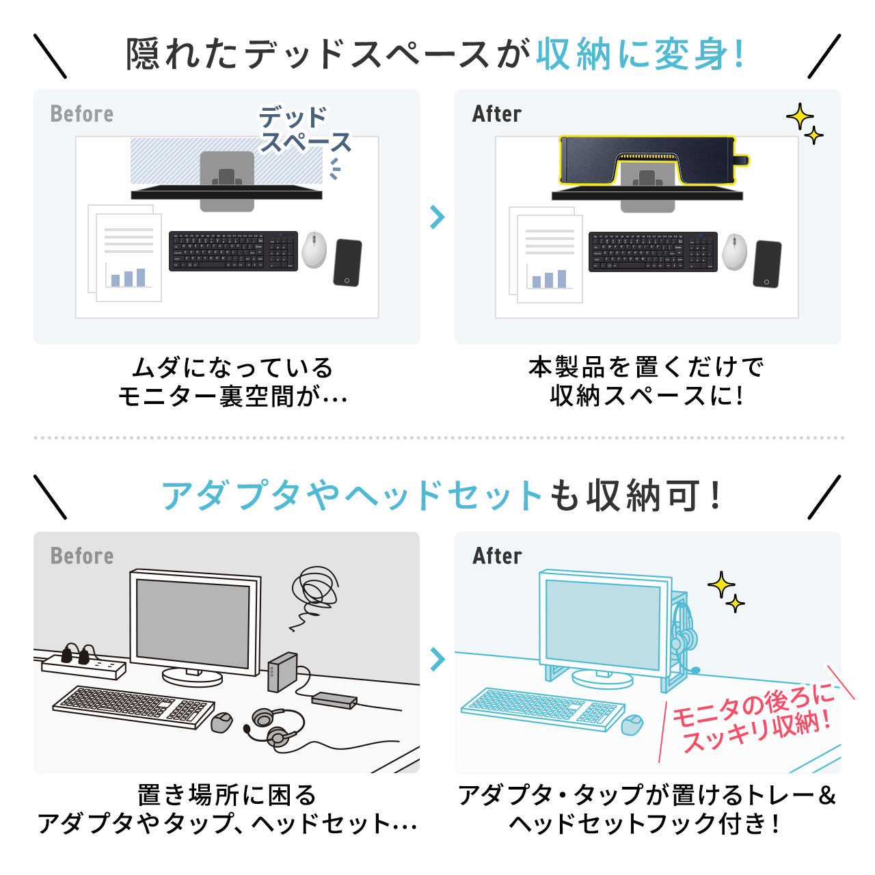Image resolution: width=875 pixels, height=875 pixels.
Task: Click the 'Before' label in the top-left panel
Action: click(82, 113)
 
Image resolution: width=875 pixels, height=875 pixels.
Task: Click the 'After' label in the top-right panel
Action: click(497, 113)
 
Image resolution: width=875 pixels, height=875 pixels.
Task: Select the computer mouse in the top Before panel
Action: click(314, 250)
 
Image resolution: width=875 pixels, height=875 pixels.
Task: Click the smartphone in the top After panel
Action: click(767, 264)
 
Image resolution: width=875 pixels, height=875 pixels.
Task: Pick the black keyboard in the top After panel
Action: click(653, 252)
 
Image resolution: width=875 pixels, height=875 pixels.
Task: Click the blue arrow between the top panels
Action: click(437, 217)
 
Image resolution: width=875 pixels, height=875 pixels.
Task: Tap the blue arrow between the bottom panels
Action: click(437, 659)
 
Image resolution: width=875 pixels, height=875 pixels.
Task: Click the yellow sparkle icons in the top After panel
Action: click(804, 124)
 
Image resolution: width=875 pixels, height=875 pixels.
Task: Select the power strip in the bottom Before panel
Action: click(84, 662)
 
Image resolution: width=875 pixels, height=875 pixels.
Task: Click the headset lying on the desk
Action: click(277, 727)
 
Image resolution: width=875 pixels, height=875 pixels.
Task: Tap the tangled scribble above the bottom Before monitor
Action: click(313, 592)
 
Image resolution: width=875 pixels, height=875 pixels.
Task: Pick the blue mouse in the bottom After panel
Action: click(632, 724)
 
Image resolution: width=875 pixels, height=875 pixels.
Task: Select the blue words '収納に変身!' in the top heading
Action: click(640, 54)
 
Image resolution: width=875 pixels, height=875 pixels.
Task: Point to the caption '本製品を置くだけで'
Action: click(646, 367)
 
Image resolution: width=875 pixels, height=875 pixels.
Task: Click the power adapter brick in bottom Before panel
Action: click(334, 700)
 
